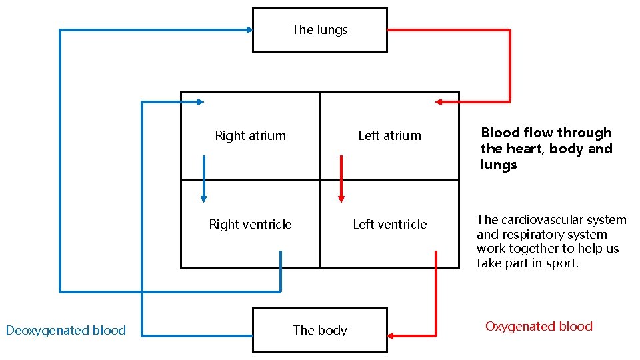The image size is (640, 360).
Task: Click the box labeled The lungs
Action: (x=319, y=30)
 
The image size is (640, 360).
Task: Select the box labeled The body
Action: (x=319, y=330)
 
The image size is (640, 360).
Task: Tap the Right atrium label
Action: (x=250, y=136)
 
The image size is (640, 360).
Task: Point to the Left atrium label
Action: (x=389, y=136)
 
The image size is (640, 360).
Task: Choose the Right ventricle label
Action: (x=250, y=225)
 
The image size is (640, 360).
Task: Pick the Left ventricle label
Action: (x=389, y=225)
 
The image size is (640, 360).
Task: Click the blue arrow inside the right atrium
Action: (x=204, y=179)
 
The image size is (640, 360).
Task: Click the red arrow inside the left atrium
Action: (x=341, y=179)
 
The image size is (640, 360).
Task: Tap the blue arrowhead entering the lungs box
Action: (x=249, y=29)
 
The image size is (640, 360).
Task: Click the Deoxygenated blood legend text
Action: (x=65, y=330)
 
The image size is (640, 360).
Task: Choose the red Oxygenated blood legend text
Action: (x=539, y=327)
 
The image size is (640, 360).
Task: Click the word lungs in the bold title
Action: (x=499, y=165)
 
